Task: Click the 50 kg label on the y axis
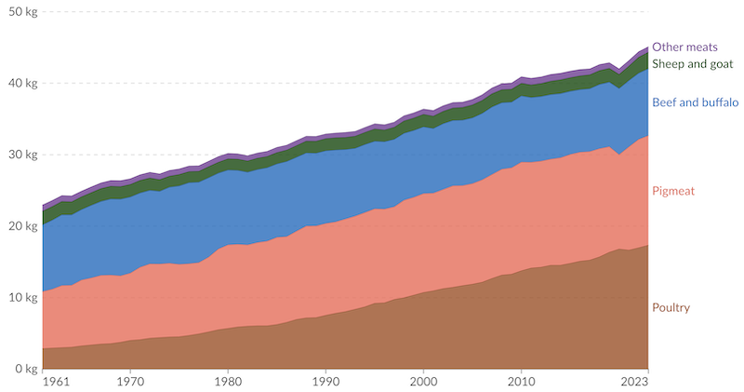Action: click(x=19, y=11)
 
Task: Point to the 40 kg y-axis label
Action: click(x=19, y=83)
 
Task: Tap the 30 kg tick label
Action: click(x=19, y=155)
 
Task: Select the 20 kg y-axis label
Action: click(x=19, y=226)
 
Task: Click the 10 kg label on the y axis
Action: click(x=19, y=298)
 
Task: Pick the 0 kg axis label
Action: click(x=21, y=370)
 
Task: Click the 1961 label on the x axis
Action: click(x=43, y=382)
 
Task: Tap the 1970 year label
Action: click(x=130, y=382)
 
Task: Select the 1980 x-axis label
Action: click(x=228, y=382)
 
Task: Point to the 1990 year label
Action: click(x=325, y=382)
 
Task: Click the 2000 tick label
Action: click(x=423, y=382)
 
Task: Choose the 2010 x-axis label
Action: click(x=521, y=382)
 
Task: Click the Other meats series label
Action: click(x=684, y=47)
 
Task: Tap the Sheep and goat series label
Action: click(x=693, y=63)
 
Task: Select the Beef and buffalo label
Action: click(x=695, y=102)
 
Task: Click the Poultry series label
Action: click(x=671, y=307)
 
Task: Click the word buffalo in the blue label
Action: click(x=718, y=102)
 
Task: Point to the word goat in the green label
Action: click(x=722, y=63)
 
